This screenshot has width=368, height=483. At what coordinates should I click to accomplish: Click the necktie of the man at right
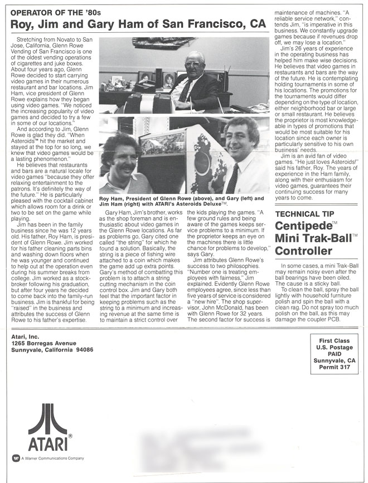[x=233, y=178]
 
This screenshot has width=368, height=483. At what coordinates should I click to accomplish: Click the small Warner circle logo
[x=16, y=458]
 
